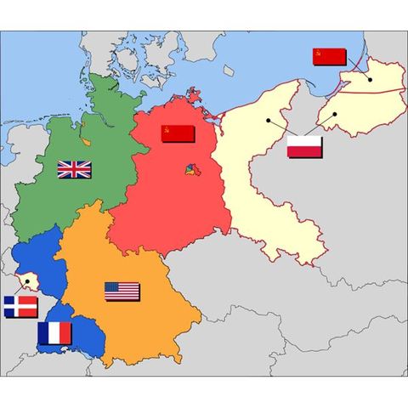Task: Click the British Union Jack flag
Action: click(74, 169)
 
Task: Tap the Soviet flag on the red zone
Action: click(178, 133)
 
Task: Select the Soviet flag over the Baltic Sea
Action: click(328, 57)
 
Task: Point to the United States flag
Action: click(122, 292)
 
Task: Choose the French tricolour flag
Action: click(54, 332)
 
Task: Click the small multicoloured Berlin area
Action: click(189, 173)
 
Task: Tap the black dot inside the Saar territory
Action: click(31, 280)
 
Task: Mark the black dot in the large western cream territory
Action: click(268, 120)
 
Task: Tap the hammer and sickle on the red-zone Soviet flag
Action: click(167, 130)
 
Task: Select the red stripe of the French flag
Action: click(65, 332)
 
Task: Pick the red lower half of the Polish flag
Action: click(304, 152)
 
